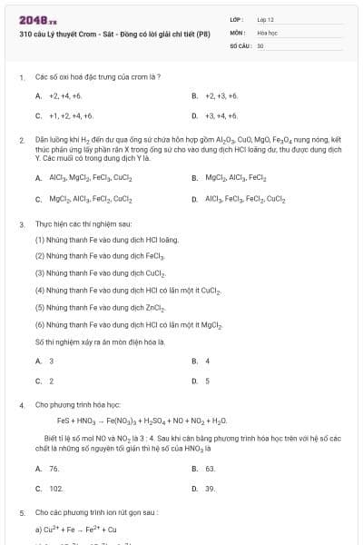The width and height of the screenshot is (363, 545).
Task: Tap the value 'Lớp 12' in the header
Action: [266, 19]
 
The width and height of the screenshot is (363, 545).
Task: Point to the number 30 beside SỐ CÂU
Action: [260, 45]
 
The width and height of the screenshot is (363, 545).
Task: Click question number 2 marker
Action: [21, 140]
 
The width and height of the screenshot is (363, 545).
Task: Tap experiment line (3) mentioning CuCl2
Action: [99, 272]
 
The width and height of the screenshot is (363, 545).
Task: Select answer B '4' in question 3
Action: [208, 361]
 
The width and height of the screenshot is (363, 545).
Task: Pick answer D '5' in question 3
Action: [208, 381]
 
